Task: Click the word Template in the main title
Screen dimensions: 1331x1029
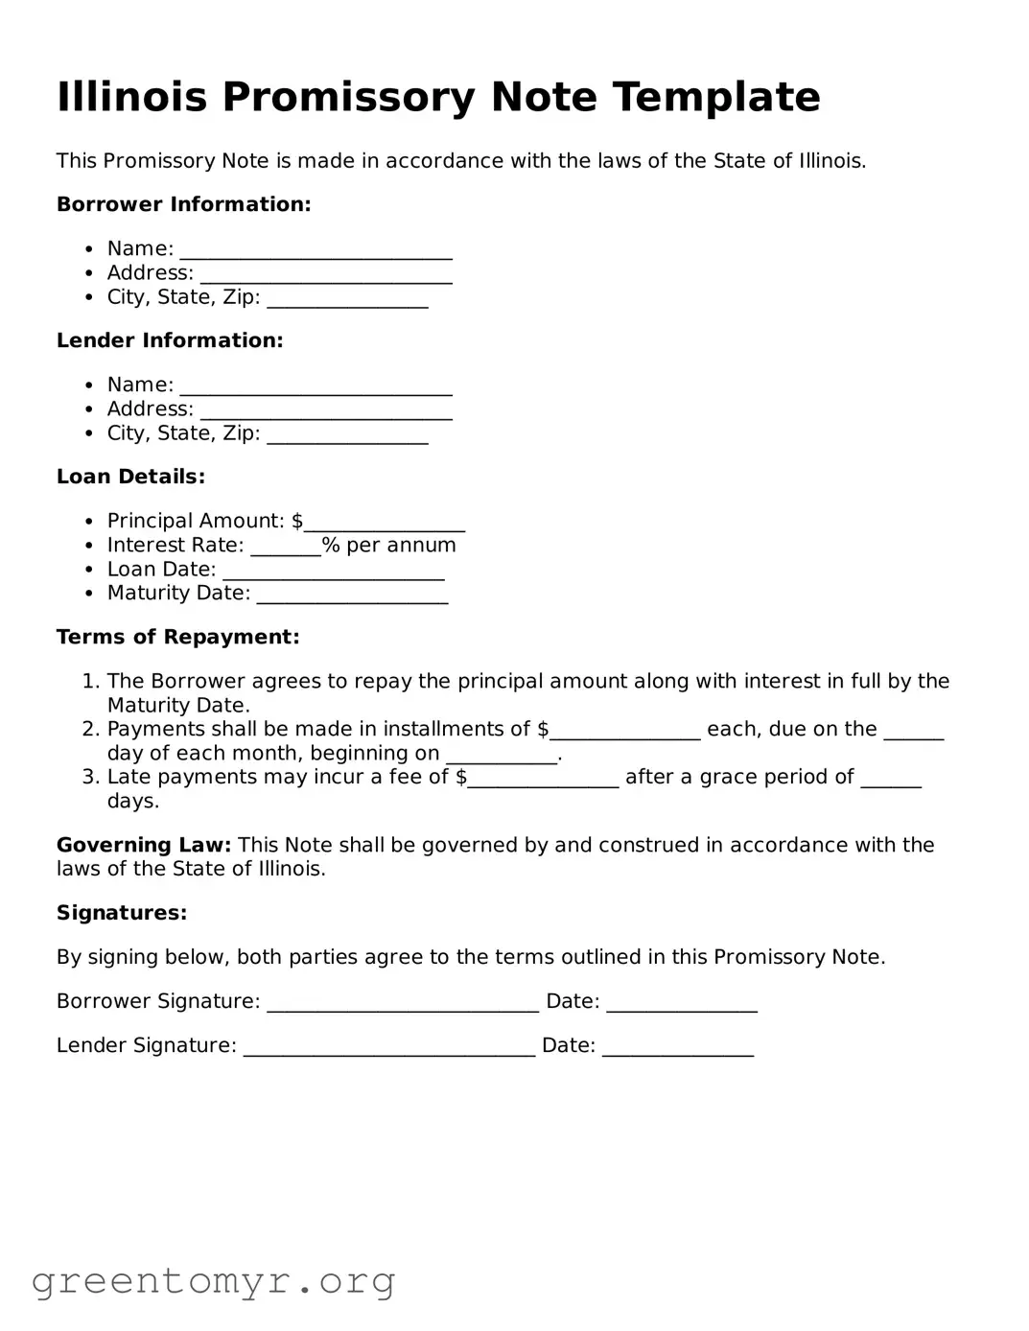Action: click(715, 97)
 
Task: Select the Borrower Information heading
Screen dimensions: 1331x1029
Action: click(183, 204)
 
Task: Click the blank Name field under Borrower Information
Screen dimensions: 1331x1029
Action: click(316, 250)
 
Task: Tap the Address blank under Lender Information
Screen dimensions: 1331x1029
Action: click(325, 410)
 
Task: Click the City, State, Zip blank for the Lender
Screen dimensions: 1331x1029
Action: click(347, 434)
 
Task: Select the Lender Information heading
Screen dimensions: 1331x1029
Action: click(170, 340)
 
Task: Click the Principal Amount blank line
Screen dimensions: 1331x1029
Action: click(384, 523)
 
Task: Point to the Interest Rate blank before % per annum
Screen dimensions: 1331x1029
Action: click(286, 547)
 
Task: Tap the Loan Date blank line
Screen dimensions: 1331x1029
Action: click(333, 571)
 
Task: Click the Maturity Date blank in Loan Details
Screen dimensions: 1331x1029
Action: click(352, 595)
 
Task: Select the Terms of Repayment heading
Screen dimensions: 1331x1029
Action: click(177, 637)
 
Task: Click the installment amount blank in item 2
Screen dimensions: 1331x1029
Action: click(625, 731)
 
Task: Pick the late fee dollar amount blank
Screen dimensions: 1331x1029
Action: click(543, 779)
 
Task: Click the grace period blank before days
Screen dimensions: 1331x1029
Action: click(891, 779)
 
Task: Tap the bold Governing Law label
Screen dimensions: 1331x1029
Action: click(144, 845)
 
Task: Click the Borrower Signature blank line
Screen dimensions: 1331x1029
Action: click(403, 1003)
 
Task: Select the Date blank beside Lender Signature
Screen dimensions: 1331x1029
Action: click(678, 1047)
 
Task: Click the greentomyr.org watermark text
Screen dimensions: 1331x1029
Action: click(213, 1281)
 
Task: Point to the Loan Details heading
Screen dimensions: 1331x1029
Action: click(130, 477)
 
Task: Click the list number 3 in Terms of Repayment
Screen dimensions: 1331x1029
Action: click(89, 777)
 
